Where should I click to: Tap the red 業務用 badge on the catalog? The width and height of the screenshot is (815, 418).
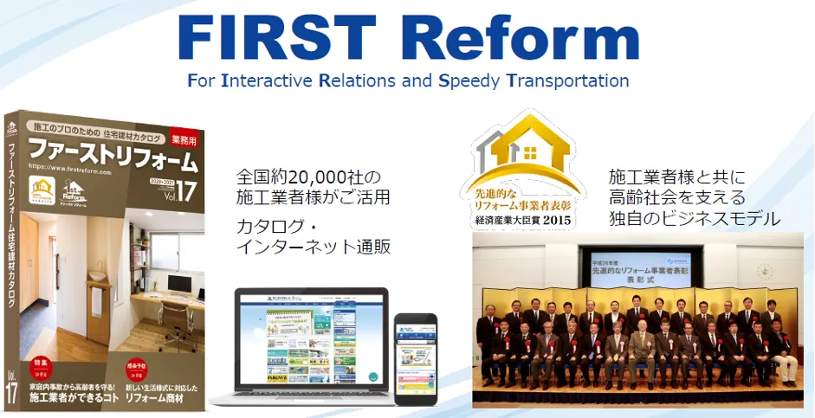(x=184, y=138)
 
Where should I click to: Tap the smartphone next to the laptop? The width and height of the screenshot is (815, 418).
(x=416, y=354)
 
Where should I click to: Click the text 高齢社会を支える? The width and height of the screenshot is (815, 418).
(x=676, y=197)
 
